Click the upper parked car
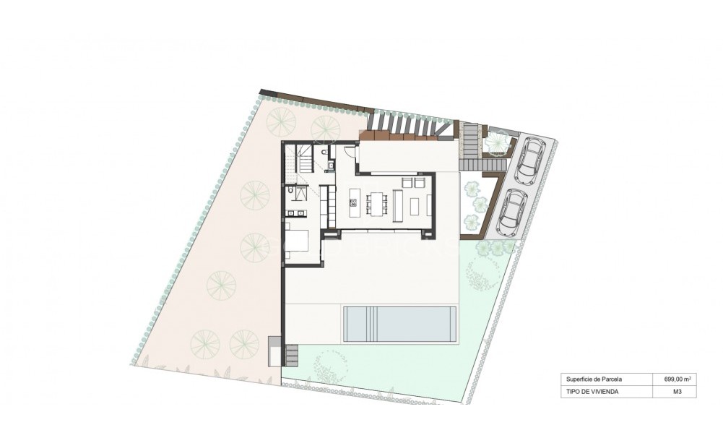(x=533, y=155)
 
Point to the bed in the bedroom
(x=298, y=239)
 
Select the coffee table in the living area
(x=414, y=206)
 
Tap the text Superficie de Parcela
(x=594, y=379)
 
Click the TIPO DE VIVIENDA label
(x=593, y=392)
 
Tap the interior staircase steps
(x=306, y=159)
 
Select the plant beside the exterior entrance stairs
(x=497, y=142)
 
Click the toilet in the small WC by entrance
(x=325, y=153)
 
